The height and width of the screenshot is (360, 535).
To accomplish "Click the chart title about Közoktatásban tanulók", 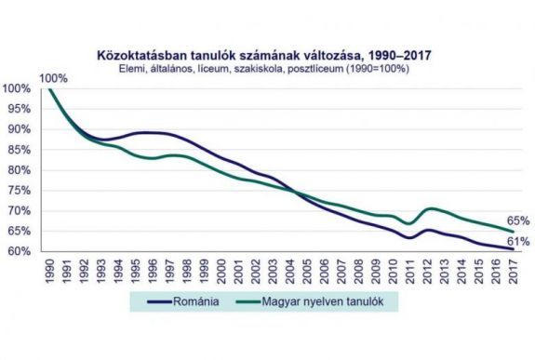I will pyautogui.click(x=269, y=54).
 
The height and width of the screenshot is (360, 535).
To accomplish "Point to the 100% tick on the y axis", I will pyautogui.click(x=18, y=89).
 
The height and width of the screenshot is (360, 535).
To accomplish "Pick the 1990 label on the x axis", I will pyautogui.click(x=49, y=269).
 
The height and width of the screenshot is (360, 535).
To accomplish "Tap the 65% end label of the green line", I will pyautogui.click(x=519, y=221).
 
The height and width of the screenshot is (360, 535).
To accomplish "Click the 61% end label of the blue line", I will pyautogui.click(x=519, y=242).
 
